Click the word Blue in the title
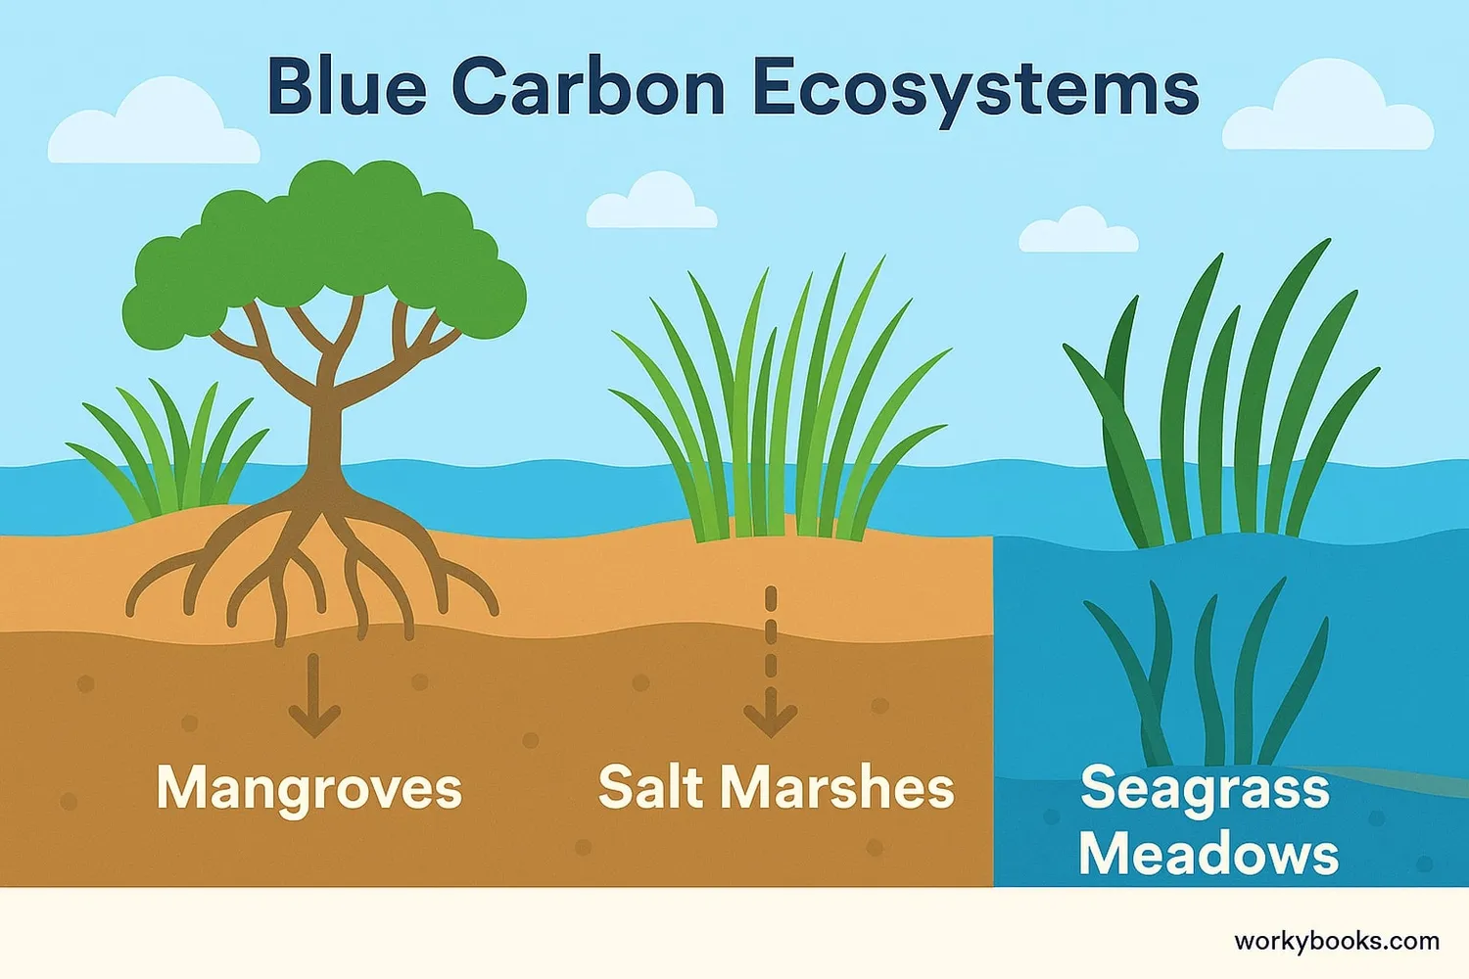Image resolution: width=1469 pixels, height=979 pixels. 348,88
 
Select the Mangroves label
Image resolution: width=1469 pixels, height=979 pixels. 309,791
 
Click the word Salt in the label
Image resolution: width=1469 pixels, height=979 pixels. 649,786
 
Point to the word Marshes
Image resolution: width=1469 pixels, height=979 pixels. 837,786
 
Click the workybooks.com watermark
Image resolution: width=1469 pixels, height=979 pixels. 1337,942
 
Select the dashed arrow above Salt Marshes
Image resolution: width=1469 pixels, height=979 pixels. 771,662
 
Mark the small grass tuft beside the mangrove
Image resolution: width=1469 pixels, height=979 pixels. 169,452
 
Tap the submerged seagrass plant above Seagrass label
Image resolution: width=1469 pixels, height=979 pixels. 1206,676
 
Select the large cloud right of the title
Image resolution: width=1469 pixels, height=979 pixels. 1328,109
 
